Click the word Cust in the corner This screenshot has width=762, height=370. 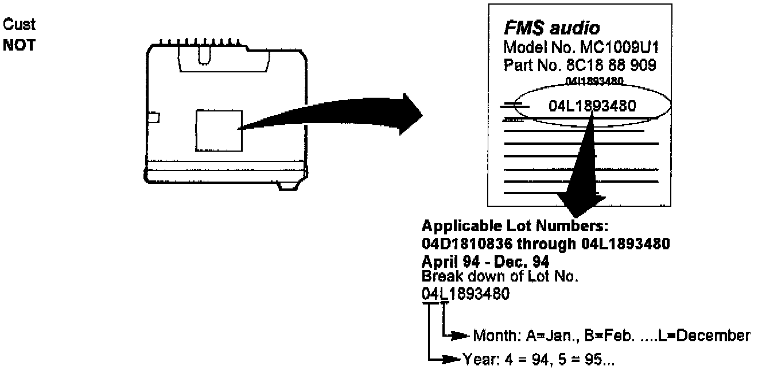[20, 25]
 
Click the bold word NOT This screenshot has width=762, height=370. [20, 45]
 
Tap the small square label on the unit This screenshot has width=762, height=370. [219, 130]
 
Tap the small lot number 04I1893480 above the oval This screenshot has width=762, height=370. [594, 82]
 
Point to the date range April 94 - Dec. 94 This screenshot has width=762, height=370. [486, 261]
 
